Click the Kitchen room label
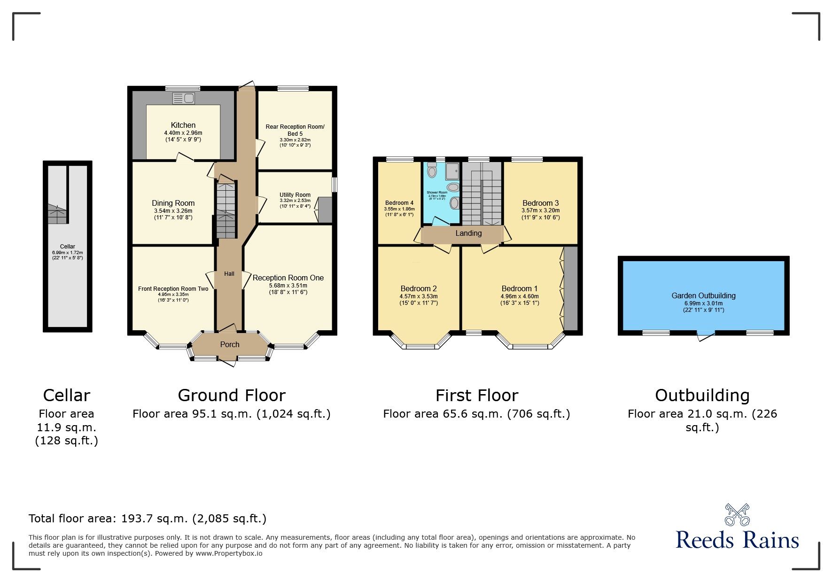click(183, 125)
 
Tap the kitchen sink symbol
click(184, 98)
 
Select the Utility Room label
click(295, 194)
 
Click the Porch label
click(230, 344)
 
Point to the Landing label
click(468, 233)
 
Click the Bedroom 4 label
click(399, 203)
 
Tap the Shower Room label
click(437, 193)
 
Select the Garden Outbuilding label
click(703, 295)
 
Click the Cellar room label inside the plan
click(67, 246)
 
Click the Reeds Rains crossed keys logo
click(737, 515)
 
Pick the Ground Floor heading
click(231, 396)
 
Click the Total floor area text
click(147, 519)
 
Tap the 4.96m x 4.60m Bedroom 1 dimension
click(519, 296)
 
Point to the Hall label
click(229, 274)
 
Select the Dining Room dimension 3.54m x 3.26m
click(173, 211)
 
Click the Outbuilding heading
click(702, 396)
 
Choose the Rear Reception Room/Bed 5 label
click(295, 130)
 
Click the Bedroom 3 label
click(540, 203)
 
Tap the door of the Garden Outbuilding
click(705, 335)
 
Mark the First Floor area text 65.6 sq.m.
click(476, 414)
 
